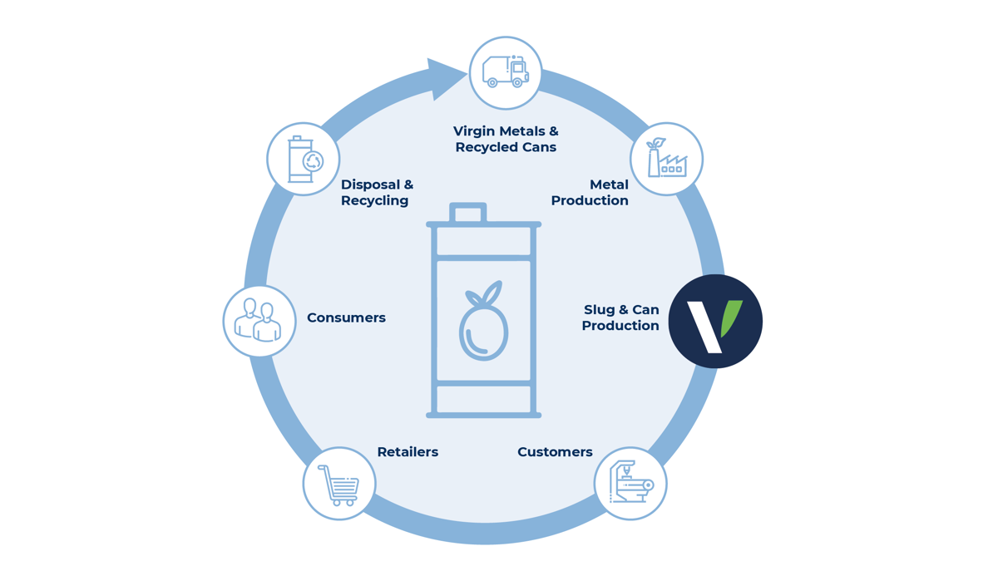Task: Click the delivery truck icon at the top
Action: point(506,72)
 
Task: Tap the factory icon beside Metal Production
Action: point(667,159)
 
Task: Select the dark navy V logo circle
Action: point(715,321)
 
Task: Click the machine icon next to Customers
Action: point(630,483)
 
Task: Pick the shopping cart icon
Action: point(339,484)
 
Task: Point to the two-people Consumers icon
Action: point(259,321)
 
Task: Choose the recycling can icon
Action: point(304,159)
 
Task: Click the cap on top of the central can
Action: point(468,214)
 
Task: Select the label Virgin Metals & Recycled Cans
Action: point(506,139)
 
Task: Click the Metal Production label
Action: point(590,192)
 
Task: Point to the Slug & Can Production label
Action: point(620,317)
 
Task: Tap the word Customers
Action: point(555,452)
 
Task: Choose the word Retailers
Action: point(408,452)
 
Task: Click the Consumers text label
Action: point(346,317)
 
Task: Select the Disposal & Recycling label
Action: point(377,192)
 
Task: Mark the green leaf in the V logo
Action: point(731,316)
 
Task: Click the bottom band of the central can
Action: point(483,399)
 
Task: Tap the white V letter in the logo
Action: point(704,327)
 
